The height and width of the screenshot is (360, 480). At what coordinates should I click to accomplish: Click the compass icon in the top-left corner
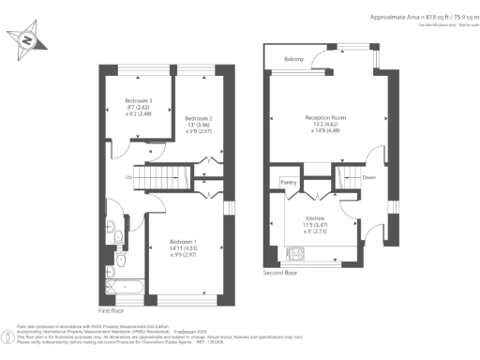coord(27,40)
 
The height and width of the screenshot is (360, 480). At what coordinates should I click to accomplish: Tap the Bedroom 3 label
coord(138,100)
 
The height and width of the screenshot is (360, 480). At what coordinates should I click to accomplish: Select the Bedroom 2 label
coord(198,118)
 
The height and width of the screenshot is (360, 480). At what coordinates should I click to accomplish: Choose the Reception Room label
coord(325,117)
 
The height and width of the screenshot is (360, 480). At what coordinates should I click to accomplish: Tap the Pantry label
coord(288,182)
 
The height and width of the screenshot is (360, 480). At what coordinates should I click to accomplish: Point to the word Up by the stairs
coord(127,176)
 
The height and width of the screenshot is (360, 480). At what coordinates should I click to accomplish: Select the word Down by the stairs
coord(368,175)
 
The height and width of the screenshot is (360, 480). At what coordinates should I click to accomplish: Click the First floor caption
coord(112,308)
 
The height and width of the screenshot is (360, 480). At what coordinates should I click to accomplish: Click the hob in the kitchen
coord(293,253)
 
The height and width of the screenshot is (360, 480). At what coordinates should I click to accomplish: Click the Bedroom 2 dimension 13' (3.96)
coord(198,126)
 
